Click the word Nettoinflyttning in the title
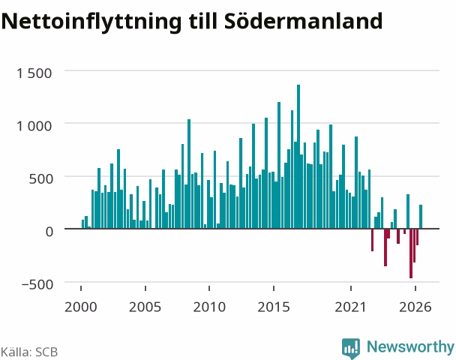coord(91,22)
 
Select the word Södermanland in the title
coord(304,20)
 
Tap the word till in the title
coord(203,20)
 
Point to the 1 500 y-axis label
coord(34,73)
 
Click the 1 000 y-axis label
coord(34,126)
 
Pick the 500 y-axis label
coord(41,178)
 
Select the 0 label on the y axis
coord(49,232)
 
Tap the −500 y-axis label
coord(37,284)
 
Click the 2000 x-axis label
coord(80,307)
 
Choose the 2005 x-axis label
coord(145,307)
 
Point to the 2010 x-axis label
coord(209,307)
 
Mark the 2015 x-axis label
coord(274,307)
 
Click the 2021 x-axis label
coord(350,307)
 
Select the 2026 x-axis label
coord(415,307)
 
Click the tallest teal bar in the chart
coord(298,157)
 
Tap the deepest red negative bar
coord(411,253)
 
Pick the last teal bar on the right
coord(421,217)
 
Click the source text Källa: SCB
coord(29,352)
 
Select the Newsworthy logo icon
coord(351,348)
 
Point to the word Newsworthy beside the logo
coord(410,346)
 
